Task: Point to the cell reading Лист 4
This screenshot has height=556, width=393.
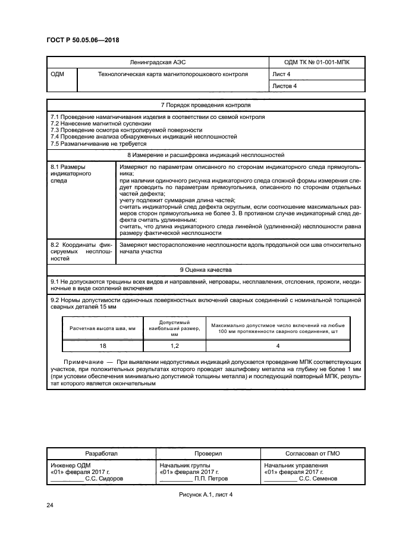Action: [282, 74]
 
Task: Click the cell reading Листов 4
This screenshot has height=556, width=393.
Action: [284, 86]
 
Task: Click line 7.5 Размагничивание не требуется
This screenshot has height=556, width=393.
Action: [98, 143]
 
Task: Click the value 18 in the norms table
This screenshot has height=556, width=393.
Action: [103, 345]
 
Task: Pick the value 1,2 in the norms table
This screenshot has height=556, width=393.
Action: [175, 345]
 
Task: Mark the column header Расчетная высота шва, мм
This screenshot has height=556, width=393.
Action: [103, 328]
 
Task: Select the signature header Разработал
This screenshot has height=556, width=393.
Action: [102, 453]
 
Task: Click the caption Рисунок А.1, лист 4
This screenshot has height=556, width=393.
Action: [204, 495]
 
